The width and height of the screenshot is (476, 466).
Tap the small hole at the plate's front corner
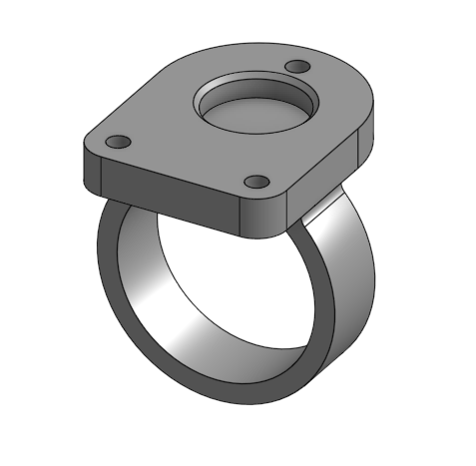click(256, 183)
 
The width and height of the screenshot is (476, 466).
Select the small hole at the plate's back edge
click(295, 66)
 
